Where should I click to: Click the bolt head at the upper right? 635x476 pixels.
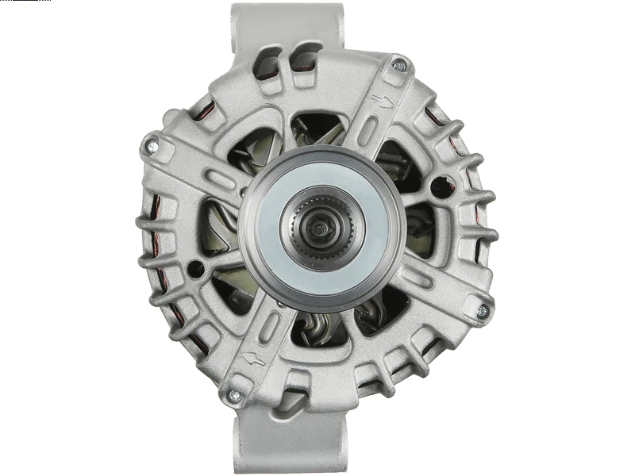(x=398, y=65)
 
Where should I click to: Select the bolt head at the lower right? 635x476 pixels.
(x=482, y=311)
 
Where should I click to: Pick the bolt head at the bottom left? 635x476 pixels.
(x=234, y=394)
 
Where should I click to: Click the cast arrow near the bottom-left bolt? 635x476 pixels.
(x=254, y=358)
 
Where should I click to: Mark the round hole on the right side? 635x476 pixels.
(x=440, y=187)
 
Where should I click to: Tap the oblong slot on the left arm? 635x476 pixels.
(x=221, y=179)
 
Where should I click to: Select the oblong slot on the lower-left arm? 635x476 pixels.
(x=270, y=324)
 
